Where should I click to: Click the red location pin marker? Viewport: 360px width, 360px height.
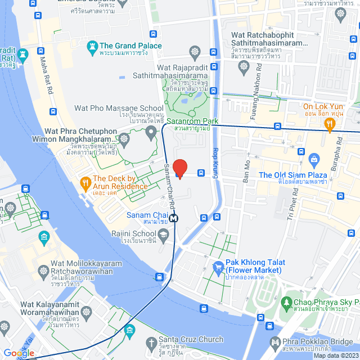coord(179,168)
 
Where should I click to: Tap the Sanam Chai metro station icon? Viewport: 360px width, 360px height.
coord(174,218)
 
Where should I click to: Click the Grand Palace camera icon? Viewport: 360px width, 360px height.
coord(91,47)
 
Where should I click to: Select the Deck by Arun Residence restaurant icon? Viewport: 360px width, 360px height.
coord(85,182)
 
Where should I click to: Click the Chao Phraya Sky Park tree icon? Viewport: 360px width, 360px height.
coord(285,303)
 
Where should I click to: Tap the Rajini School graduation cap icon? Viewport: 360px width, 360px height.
coord(164,238)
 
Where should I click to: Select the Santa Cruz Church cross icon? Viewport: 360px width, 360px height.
coord(150,342)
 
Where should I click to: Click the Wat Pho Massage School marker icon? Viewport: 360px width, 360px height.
coord(150,133)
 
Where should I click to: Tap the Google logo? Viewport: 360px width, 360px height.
coord(19,353)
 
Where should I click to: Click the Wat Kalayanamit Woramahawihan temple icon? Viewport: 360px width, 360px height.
coord(86,311)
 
